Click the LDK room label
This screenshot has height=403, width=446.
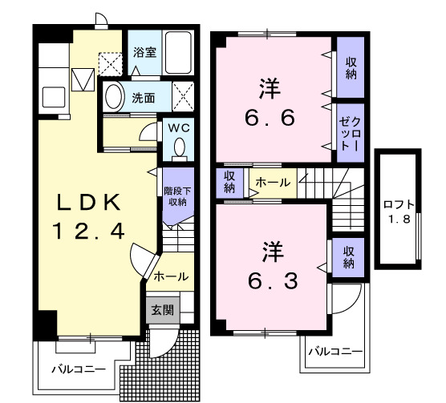click(89, 199)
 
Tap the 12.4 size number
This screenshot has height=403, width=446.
click(89, 232)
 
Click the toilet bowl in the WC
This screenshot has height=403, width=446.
click(178, 149)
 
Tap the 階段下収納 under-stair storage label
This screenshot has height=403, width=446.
click(176, 195)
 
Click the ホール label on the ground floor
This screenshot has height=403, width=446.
click(169, 276)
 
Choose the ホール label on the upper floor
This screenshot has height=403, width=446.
click(273, 183)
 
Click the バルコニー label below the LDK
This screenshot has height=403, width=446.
click(78, 370)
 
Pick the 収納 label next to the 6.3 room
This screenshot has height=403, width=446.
click(349, 258)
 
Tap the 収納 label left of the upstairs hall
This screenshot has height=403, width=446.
click(229, 183)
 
